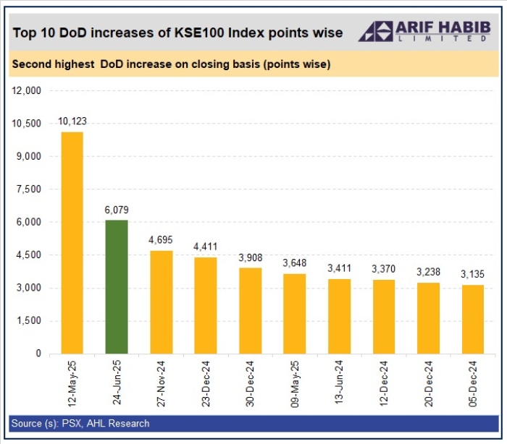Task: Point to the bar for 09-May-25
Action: tap(295, 314)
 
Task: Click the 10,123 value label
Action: tap(72, 121)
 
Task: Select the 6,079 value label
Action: tap(116, 210)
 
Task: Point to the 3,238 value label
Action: tap(429, 272)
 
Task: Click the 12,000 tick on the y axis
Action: tap(26, 90)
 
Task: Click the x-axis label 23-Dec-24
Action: tap(206, 384)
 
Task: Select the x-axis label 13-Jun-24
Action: tap(339, 384)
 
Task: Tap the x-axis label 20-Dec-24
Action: tap(429, 384)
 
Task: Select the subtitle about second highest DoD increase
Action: tap(172, 64)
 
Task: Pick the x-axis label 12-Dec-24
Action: tap(384, 384)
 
